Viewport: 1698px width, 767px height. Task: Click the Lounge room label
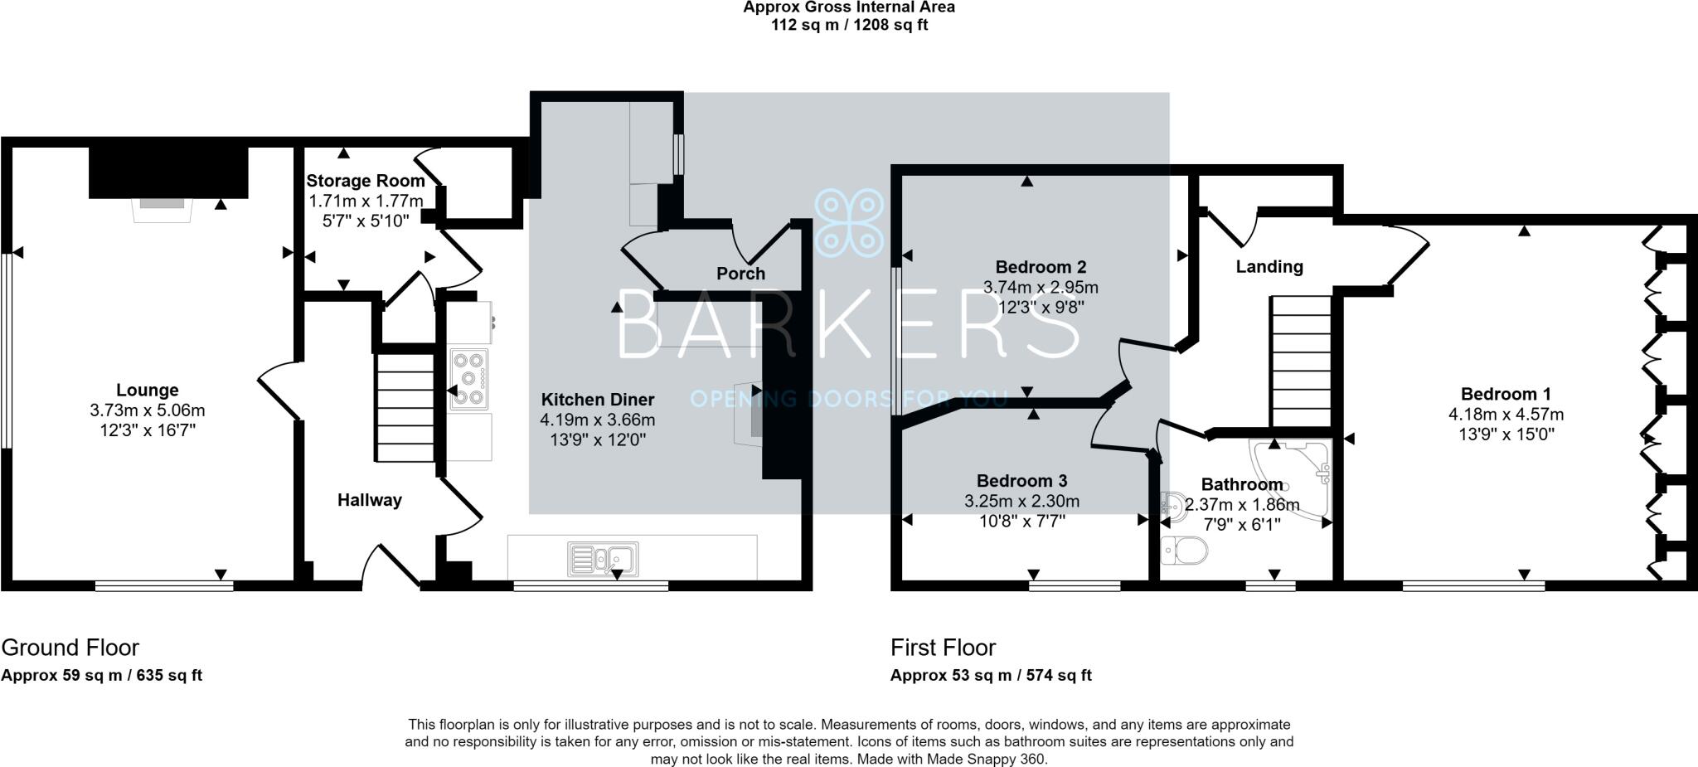click(x=147, y=390)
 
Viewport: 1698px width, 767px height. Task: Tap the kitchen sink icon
click(x=603, y=559)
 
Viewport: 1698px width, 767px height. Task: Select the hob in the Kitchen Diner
click(x=469, y=379)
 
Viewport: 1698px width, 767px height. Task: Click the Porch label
click(x=740, y=274)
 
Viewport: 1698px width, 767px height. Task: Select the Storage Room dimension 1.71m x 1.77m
click(x=366, y=201)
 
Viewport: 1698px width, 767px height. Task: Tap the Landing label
click(x=1269, y=266)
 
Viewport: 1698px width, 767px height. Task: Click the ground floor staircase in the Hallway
click(x=405, y=406)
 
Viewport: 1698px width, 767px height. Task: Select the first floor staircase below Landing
click(x=1301, y=362)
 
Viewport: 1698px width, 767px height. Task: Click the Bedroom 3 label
click(x=1021, y=481)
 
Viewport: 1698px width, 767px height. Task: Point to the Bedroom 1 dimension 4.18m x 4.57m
click(x=1506, y=414)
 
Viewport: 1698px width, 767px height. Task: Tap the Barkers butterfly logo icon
click(x=849, y=222)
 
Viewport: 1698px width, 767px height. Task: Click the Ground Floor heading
click(x=70, y=647)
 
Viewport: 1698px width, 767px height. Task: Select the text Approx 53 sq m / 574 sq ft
click(x=991, y=675)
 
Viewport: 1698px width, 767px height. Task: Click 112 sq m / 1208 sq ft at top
click(x=849, y=25)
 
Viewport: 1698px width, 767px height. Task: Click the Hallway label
click(x=369, y=500)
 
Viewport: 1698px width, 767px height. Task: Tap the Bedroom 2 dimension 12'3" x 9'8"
click(x=1041, y=307)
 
